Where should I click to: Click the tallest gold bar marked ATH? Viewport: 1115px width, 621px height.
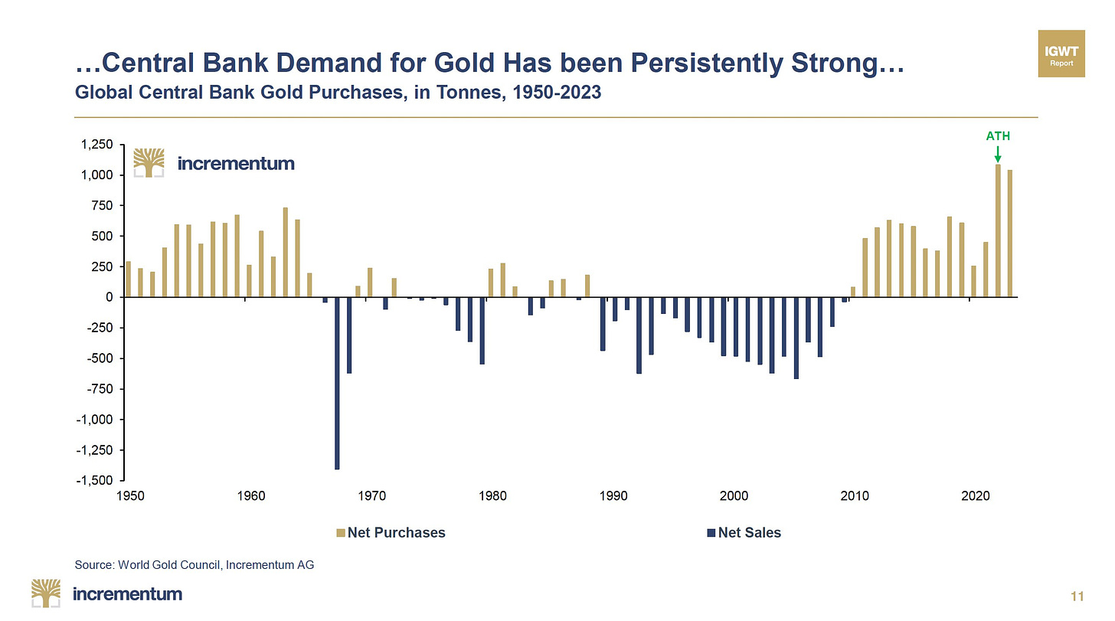[998, 230]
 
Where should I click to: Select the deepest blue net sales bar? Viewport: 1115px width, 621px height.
[337, 383]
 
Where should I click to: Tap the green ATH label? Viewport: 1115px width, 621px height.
[998, 136]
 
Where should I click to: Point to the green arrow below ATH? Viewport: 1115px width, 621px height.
[998, 154]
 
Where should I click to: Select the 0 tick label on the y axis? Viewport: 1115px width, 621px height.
[110, 297]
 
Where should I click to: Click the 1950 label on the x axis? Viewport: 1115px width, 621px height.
[130, 495]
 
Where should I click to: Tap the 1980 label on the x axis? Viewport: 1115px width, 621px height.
[493, 495]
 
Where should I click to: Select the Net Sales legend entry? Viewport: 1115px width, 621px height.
[744, 532]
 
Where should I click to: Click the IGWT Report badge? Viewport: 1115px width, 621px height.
[1061, 54]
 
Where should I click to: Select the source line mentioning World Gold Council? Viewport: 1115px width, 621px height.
[195, 565]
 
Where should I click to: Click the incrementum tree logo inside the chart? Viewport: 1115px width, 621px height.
[149, 162]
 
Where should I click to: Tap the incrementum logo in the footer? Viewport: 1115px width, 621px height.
[106, 593]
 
